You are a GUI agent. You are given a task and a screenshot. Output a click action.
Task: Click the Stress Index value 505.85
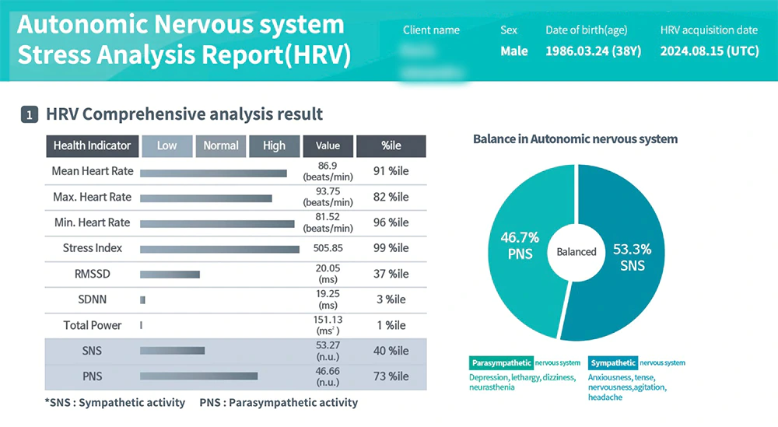click(x=328, y=248)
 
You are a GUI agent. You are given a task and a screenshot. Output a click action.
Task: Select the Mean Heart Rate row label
click(x=93, y=171)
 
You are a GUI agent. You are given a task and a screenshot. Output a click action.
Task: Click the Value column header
click(x=328, y=145)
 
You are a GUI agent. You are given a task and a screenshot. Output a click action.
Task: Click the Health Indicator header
click(x=92, y=145)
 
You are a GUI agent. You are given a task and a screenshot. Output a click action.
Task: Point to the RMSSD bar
click(x=170, y=274)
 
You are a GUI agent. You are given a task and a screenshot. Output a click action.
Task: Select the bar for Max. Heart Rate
click(x=206, y=198)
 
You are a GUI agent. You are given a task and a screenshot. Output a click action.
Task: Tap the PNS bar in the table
click(x=198, y=376)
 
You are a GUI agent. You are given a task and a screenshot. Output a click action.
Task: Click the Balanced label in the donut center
click(x=576, y=252)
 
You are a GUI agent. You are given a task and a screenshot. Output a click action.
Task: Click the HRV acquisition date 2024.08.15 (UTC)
click(x=709, y=51)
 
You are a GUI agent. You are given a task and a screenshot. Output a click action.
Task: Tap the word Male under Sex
click(x=513, y=51)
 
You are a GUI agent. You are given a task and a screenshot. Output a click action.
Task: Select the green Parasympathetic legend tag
click(x=501, y=362)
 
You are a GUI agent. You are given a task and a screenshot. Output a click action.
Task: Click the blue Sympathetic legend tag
click(x=613, y=362)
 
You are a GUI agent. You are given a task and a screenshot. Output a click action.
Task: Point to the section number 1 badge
click(x=29, y=115)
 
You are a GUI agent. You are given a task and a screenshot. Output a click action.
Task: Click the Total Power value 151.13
click(x=328, y=320)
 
